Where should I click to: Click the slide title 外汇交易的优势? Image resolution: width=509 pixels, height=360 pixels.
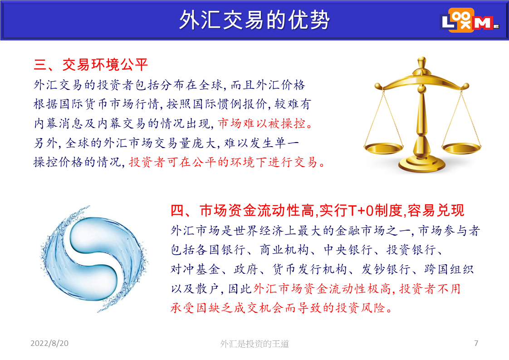point(254,20)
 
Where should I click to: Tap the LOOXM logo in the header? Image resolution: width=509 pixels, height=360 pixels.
point(470,20)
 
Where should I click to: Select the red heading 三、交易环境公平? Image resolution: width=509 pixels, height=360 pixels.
point(91,64)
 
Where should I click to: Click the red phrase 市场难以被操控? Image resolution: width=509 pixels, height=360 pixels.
point(262,123)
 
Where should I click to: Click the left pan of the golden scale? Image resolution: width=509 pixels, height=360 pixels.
point(384,148)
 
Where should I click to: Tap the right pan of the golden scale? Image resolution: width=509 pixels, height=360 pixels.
point(461,148)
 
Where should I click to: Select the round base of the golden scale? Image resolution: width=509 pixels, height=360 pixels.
point(422,164)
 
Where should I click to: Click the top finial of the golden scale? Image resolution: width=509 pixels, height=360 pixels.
point(422,61)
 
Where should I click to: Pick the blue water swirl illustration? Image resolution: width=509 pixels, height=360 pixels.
point(93,259)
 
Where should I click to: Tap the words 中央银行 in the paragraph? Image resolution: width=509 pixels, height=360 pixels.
point(348,250)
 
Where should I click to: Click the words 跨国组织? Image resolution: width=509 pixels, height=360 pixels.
point(449,269)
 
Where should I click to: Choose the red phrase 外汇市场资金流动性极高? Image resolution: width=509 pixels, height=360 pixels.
point(322,289)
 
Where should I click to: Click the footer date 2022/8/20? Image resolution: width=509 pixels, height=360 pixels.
point(49,343)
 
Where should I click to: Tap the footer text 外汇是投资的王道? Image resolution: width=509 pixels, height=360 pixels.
point(254,344)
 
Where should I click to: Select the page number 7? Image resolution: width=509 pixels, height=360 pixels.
point(476,343)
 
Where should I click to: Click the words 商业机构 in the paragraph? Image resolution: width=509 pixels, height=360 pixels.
point(284,250)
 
